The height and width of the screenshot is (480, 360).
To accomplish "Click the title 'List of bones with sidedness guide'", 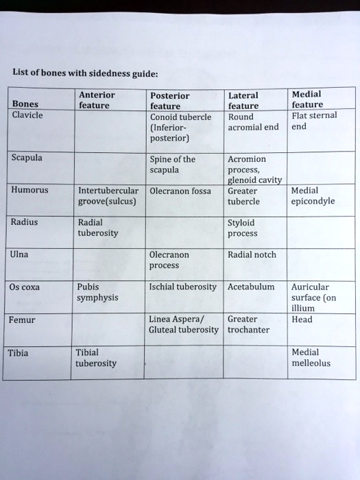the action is (x=85, y=74).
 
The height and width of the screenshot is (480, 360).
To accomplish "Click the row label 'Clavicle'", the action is (x=27, y=115).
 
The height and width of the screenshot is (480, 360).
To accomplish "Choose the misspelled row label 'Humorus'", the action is (x=29, y=191).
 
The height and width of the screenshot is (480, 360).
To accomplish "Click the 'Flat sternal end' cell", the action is (x=313, y=121).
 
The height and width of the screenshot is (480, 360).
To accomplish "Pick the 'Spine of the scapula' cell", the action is (x=172, y=165).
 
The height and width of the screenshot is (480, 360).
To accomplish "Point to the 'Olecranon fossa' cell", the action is (x=180, y=191).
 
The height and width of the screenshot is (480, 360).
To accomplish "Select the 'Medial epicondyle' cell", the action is (x=313, y=196).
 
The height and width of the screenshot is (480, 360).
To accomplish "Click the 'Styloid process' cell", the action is (x=242, y=228).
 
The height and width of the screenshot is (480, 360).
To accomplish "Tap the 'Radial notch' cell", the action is (x=252, y=254).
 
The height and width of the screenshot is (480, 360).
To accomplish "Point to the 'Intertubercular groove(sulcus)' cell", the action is (x=108, y=196).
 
